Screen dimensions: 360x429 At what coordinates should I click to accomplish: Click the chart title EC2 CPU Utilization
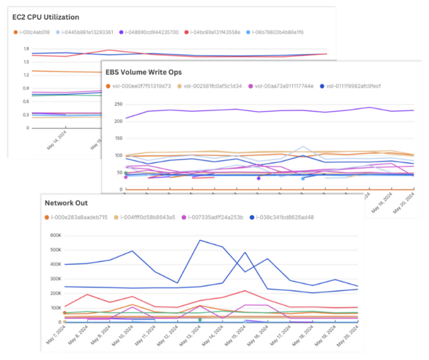tap(46, 17)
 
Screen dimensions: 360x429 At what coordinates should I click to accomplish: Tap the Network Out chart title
tap(66, 203)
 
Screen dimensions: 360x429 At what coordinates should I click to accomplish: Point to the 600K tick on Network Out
tap(55, 235)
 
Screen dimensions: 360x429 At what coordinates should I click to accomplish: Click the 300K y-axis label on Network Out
tap(55, 279)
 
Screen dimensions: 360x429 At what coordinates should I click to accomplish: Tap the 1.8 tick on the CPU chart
tap(26, 49)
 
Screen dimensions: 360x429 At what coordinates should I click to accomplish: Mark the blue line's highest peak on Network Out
tap(199, 240)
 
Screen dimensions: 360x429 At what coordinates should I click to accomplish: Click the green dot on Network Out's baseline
tap(199, 320)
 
